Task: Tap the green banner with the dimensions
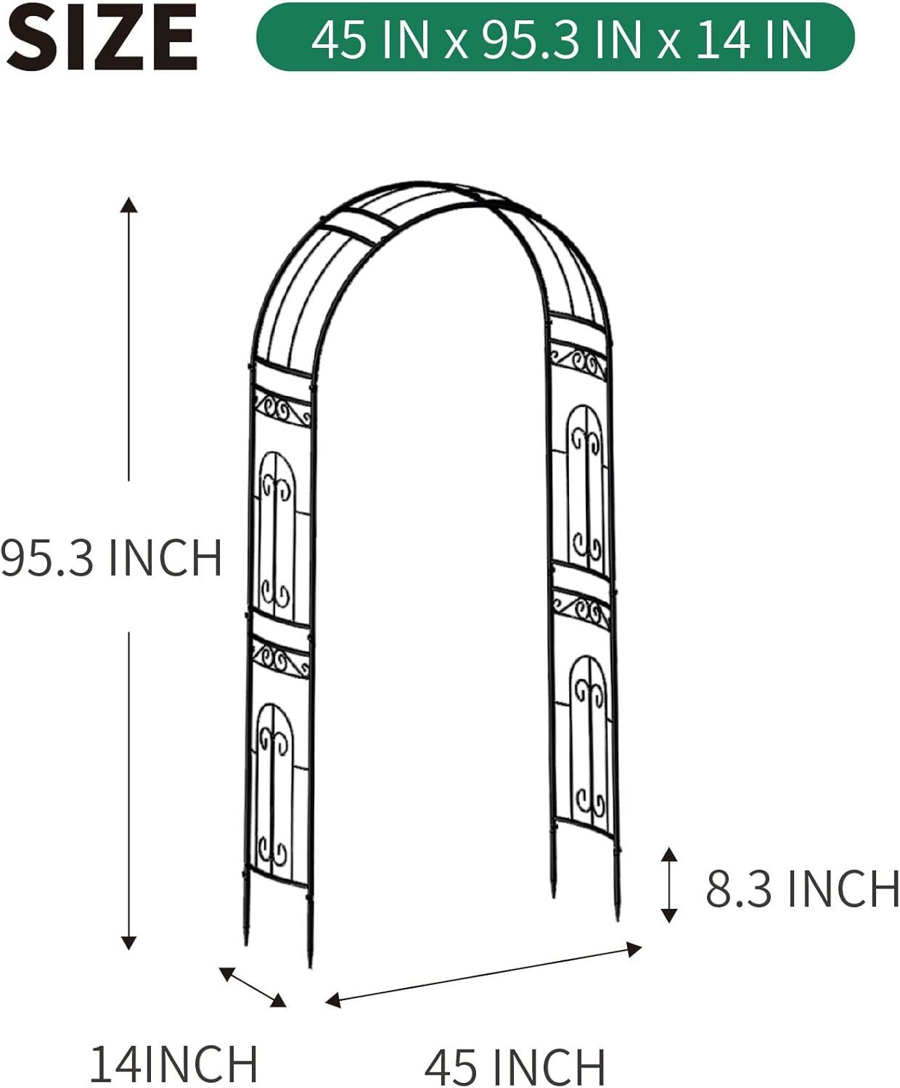pos(555,38)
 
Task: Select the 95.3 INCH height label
pos(111,557)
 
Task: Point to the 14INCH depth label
pos(173,1064)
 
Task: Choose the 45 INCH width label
pos(515,1067)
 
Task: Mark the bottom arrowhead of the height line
pos(129,942)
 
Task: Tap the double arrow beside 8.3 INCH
pos(669,884)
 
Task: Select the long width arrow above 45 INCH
pos(483,974)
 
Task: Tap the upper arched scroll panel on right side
pos(585,486)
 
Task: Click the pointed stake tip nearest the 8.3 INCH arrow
pos(618,915)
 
